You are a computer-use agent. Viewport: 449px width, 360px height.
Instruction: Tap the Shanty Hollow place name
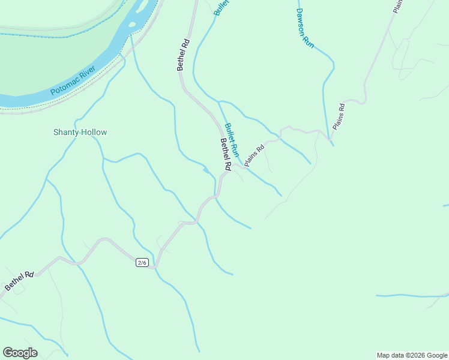tap(80, 132)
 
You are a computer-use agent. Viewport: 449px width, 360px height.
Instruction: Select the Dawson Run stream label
tap(305, 28)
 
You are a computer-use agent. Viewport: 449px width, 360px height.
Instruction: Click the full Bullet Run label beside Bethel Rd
tap(232, 139)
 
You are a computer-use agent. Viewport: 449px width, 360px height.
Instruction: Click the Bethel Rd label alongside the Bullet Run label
tap(225, 155)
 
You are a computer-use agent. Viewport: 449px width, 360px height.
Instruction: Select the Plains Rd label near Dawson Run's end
tap(339, 116)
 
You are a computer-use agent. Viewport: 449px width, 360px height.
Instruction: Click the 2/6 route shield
tap(142, 263)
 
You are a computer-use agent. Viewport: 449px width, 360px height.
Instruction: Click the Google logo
tap(20, 353)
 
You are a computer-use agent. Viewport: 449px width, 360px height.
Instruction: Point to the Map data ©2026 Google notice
tap(412, 355)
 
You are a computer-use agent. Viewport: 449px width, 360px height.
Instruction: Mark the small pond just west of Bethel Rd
tap(206, 170)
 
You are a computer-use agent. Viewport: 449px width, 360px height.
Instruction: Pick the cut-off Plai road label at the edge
tap(397, 6)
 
